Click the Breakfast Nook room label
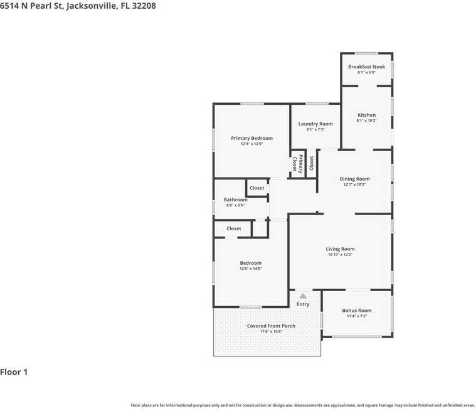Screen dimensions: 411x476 pos(366,67)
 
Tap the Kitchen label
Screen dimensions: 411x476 pos(366,115)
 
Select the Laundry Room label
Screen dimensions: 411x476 pos(315,124)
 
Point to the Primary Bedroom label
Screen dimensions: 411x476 pos(251,138)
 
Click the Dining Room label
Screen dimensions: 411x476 pos(354,179)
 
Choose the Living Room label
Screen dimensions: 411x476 pos(340,249)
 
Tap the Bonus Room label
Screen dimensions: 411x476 pos(356,311)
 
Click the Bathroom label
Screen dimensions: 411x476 pos(235,200)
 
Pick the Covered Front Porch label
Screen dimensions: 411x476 pos(271,326)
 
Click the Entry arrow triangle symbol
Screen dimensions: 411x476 pos(303,296)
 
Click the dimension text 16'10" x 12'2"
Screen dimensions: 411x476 pos(340,255)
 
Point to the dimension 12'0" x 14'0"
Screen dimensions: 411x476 pos(250,269)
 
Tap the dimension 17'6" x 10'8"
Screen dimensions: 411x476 pos(271,331)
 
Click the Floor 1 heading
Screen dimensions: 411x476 pos(14,372)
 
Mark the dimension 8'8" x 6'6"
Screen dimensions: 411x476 pos(235,205)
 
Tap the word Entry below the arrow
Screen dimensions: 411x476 pos(303,304)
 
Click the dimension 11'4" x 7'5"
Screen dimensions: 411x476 pos(356,316)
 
